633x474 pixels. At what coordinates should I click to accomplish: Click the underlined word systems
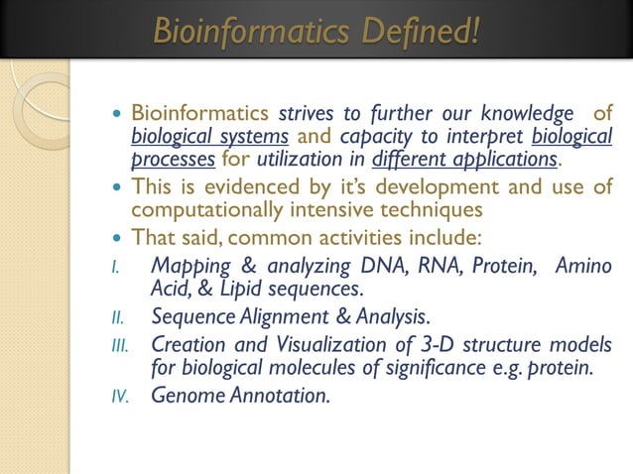(254, 136)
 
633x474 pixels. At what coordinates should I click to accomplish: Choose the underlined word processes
(173, 159)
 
